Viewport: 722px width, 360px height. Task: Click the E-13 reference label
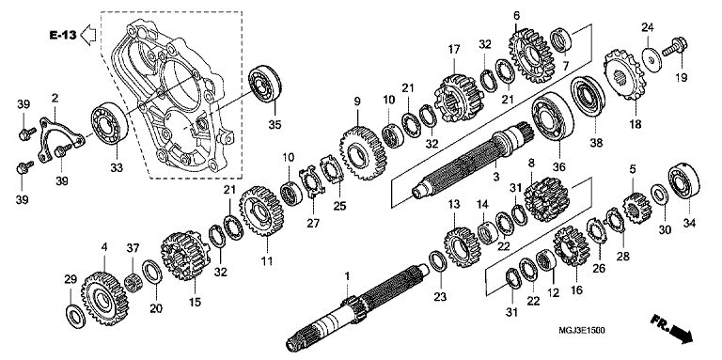click(x=63, y=35)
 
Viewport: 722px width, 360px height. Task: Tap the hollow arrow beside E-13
click(x=88, y=35)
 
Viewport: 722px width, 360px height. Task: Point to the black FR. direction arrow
click(x=672, y=328)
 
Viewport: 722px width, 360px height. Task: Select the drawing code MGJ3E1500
click(x=582, y=330)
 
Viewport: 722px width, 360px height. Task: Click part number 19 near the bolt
click(x=681, y=78)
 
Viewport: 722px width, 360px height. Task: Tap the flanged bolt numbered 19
click(x=675, y=47)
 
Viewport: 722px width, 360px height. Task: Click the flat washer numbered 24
click(x=651, y=58)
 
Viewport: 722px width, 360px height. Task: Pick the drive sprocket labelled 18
click(x=625, y=74)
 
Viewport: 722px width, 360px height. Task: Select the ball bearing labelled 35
click(x=264, y=85)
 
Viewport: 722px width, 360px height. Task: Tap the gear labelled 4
click(x=105, y=298)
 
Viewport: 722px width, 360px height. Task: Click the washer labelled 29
click(x=75, y=316)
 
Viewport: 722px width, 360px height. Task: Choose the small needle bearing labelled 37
click(x=133, y=282)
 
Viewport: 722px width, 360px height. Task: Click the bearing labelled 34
click(x=683, y=180)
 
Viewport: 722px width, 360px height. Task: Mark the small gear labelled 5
click(x=637, y=208)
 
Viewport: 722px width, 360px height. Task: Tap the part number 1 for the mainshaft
click(x=347, y=276)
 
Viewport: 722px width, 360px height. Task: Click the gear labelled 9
click(x=363, y=152)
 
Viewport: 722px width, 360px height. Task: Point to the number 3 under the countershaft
click(x=495, y=177)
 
